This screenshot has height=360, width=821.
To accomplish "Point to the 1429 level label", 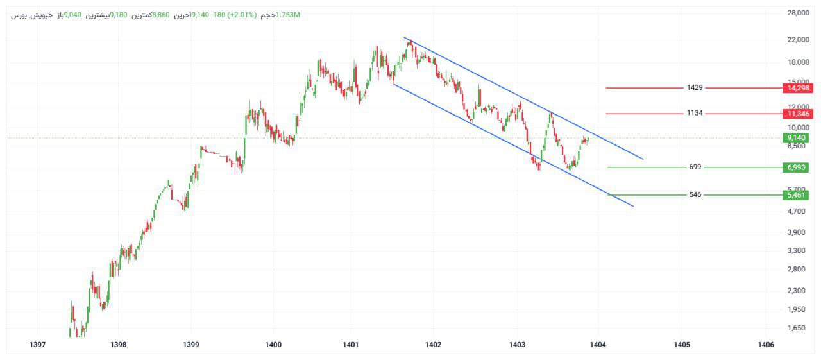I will coord(695,87).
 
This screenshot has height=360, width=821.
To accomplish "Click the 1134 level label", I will coord(695,113).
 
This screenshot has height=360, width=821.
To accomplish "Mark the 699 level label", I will coord(695,167).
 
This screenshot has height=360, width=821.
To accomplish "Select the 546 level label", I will coord(695,194).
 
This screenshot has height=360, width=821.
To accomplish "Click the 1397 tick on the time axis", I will coord(38,345).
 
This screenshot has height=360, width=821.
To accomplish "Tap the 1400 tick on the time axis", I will coord(273,345).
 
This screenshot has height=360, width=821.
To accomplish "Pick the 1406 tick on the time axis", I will coord(765,345).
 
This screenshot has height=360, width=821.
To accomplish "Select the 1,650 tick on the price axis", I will coord(798,328).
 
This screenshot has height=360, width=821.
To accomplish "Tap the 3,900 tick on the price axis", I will coord(798,232).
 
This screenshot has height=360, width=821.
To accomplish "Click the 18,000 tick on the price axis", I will coord(798,62).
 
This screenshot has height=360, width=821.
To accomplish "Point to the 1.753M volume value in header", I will coord(287,15).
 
